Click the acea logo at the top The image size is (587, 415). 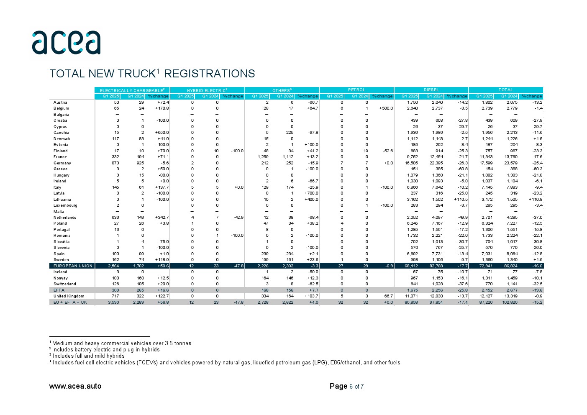66,42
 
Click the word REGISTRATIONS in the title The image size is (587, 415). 209,74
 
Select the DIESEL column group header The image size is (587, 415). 431,90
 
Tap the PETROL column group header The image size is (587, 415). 356,90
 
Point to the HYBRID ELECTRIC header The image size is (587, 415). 207,90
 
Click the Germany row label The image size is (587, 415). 62,163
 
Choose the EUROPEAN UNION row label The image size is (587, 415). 73,266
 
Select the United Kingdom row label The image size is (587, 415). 69,296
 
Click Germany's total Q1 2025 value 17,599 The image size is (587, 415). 486,163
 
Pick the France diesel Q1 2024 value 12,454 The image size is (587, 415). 436,157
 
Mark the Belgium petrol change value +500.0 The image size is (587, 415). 386,108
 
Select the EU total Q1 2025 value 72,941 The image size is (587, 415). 486,266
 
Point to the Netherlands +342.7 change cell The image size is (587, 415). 161,218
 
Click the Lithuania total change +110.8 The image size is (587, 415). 535,200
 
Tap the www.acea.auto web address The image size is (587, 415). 75,386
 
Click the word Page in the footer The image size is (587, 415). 338,386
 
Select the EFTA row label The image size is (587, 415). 59,290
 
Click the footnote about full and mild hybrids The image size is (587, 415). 88,356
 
